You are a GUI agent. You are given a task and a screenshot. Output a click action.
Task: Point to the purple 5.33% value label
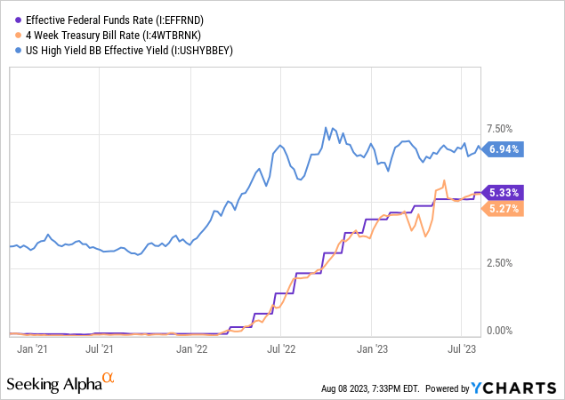click(504, 192)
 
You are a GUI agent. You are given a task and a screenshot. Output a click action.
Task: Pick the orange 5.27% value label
click(504, 209)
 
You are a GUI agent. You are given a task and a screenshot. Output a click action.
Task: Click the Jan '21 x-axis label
click(31, 349)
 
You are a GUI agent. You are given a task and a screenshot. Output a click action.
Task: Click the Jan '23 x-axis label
click(374, 349)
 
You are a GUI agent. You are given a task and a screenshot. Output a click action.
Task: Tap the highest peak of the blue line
click(326, 128)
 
